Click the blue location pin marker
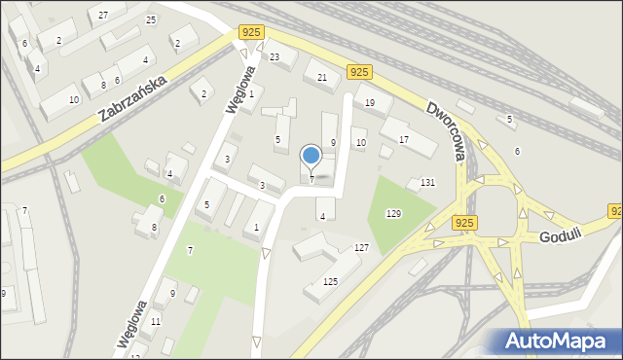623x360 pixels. [x=311, y=157]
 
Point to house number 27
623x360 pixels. [x=103, y=16]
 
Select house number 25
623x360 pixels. [x=151, y=19]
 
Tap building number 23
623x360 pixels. [x=275, y=57]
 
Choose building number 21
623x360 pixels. [x=322, y=77]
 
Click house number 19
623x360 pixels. [x=370, y=101]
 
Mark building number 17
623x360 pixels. [x=403, y=140]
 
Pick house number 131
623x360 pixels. [x=427, y=183]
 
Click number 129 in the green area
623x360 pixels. [x=393, y=213]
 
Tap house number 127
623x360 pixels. [x=361, y=248]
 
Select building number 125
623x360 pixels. [x=330, y=282]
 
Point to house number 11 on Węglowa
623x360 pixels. [x=156, y=321]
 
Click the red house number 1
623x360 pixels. [x=251, y=94]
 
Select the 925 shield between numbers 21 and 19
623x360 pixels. [x=359, y=72]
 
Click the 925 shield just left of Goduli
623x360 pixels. [x=464, y=224]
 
